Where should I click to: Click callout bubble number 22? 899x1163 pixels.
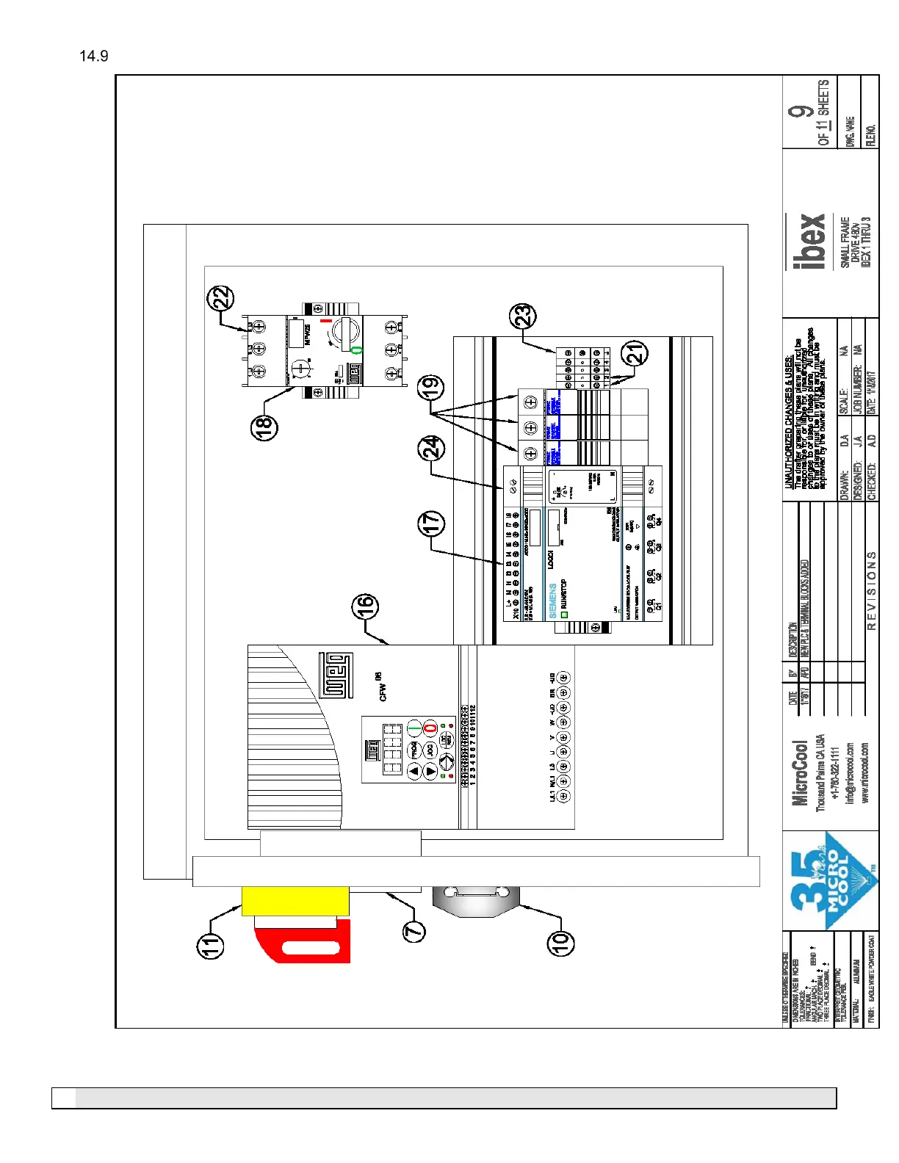pos(221,298)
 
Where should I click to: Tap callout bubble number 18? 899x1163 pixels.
pos(264,427)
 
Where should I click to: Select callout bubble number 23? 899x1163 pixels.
pos(524,316)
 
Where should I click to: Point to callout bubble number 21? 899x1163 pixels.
pos(635,353)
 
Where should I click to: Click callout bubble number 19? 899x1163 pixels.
pos(430,387)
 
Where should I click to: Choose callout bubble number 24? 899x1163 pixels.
pos(431,448)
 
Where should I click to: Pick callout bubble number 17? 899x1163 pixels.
pos(431,523)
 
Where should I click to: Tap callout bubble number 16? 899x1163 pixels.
pos(365,606)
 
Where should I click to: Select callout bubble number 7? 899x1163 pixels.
pos(415,931)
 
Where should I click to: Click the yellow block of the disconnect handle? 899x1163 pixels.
pos(295,901)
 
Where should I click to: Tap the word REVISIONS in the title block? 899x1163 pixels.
pos(872,590)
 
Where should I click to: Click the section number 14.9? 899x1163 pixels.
pos(94,57)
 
